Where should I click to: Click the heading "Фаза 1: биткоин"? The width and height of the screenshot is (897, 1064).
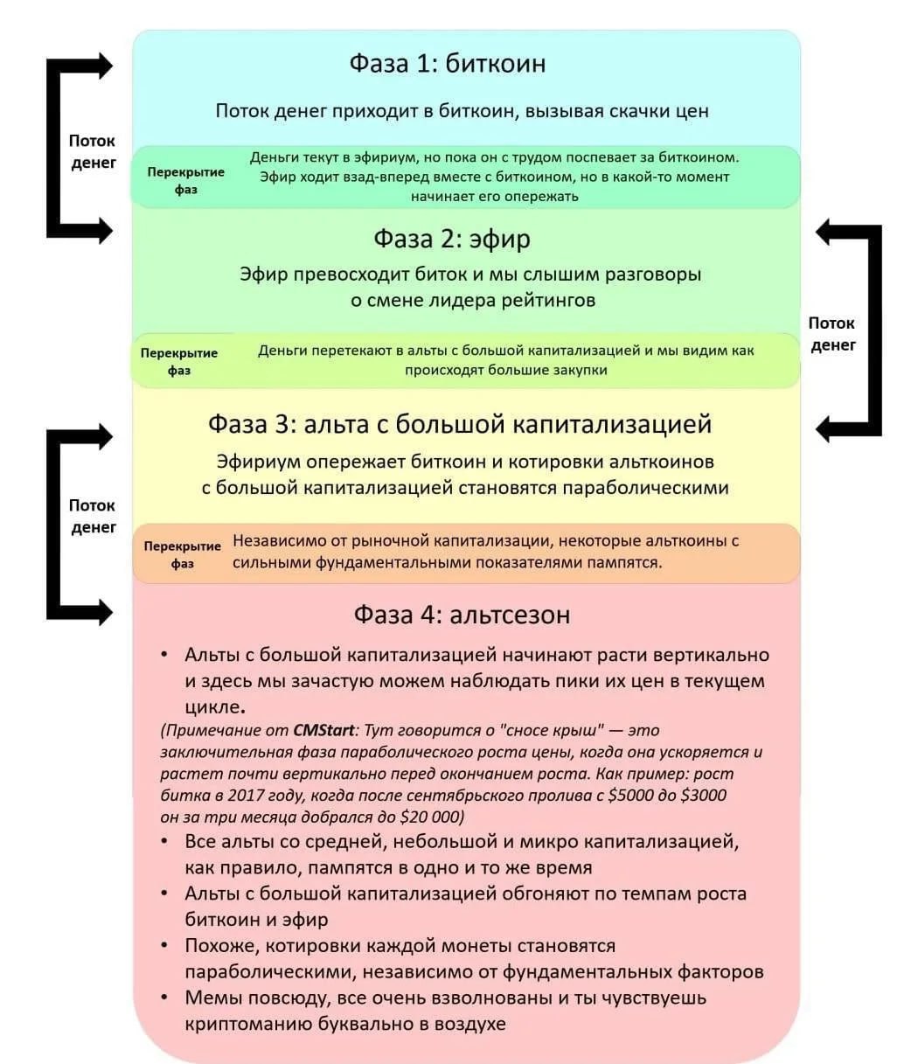click(448, 64)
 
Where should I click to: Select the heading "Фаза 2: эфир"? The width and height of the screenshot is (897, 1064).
click(452, 239)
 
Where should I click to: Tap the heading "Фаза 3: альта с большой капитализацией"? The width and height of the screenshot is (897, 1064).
click(460, 425)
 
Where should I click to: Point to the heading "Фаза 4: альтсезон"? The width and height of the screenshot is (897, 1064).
click(462, 615)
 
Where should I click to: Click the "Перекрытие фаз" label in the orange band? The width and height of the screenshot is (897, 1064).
click(183, 554)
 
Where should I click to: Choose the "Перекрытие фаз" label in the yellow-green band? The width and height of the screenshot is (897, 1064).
click(179, 361)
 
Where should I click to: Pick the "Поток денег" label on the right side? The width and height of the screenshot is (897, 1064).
click(832, 334)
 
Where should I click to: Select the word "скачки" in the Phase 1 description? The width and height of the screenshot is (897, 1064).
click(626, 111)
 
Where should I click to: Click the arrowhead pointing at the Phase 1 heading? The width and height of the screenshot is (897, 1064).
click(104, 65)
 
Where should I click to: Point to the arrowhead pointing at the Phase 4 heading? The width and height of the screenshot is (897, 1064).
click(104, 611)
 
